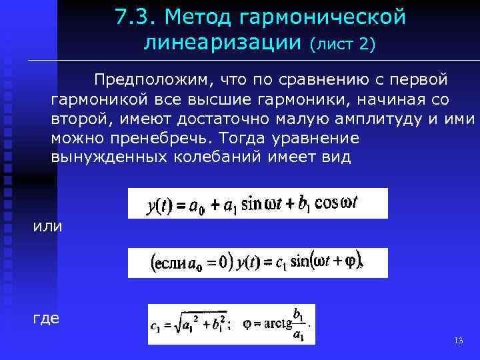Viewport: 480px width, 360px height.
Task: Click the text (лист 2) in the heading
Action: pos(343,45)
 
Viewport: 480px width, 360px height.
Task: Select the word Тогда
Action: pos(254,139)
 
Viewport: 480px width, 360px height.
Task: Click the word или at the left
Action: pos(48,226)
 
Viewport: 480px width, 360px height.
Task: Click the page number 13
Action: pos(457,341)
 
